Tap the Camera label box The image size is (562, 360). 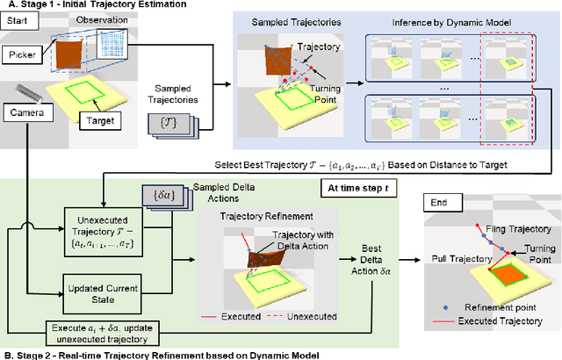click(28, 112)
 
